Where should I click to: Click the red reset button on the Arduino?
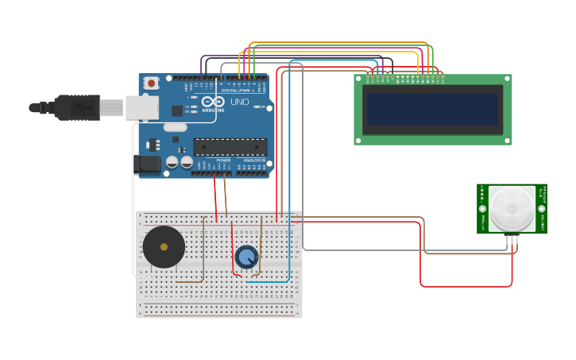tap(150, 83)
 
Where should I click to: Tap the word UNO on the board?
tap(239, 103)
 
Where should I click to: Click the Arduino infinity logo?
tap(212, 102)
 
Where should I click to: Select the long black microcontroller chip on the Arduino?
tap(230, 146)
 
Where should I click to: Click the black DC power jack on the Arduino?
tap(147, 165)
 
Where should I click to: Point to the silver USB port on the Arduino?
tap(142, 107)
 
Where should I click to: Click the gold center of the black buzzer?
tap(164, 247)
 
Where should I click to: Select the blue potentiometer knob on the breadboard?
tap(246, 257)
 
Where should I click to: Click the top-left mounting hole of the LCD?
tap(358, 79)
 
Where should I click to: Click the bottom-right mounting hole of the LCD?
tap(507, 141)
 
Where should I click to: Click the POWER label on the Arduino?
tap(223, 160)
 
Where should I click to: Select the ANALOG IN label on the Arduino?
tap(254, 160)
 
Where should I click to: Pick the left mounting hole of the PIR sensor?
tap(482, 208)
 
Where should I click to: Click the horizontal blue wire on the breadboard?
tap(266, 281)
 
